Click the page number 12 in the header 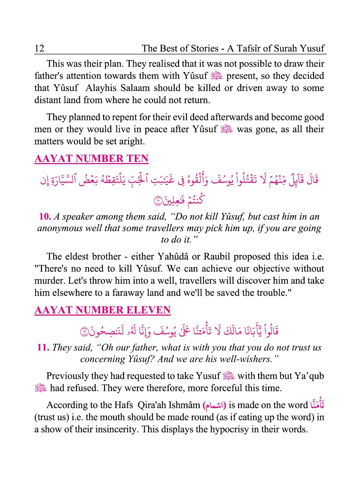(39, 48)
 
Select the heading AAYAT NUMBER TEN (91, 158)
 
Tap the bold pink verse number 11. (43, 347)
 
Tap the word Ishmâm (184, 405)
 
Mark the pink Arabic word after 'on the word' (317, 405)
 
